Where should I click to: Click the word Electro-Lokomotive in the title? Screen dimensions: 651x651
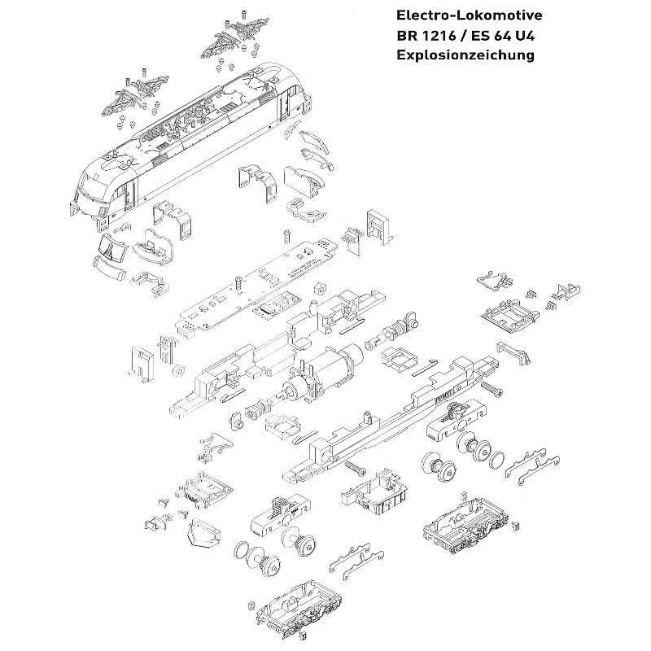click(x=467, y=15)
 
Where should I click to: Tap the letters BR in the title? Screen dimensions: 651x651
click(x=405, y=36)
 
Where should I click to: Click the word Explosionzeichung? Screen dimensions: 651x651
click(x=464, y=55)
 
